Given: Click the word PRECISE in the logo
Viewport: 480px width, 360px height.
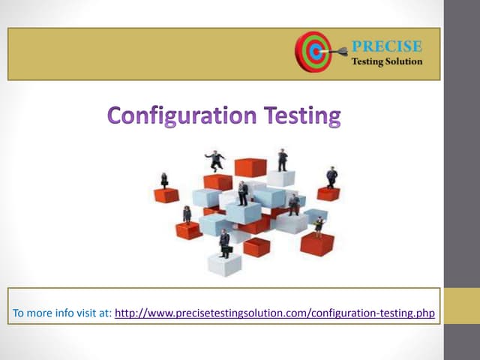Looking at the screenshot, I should [386, 47].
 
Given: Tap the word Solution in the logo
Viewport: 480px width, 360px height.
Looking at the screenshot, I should [406, 61].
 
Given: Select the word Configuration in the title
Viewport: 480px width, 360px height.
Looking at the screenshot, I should [182, 116].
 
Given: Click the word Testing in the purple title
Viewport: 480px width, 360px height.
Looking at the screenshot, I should [304, 116].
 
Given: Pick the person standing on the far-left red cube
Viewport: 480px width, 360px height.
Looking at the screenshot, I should [164, 180].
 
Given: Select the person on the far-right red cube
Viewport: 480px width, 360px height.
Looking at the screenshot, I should [331, 178].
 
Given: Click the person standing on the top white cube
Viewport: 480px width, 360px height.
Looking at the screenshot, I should [282, 160].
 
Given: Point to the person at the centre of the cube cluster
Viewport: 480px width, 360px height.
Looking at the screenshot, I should [242, 193].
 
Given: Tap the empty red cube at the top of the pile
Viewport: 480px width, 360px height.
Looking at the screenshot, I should [249, 167].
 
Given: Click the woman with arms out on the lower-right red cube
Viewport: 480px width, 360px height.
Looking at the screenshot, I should [318, 226].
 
